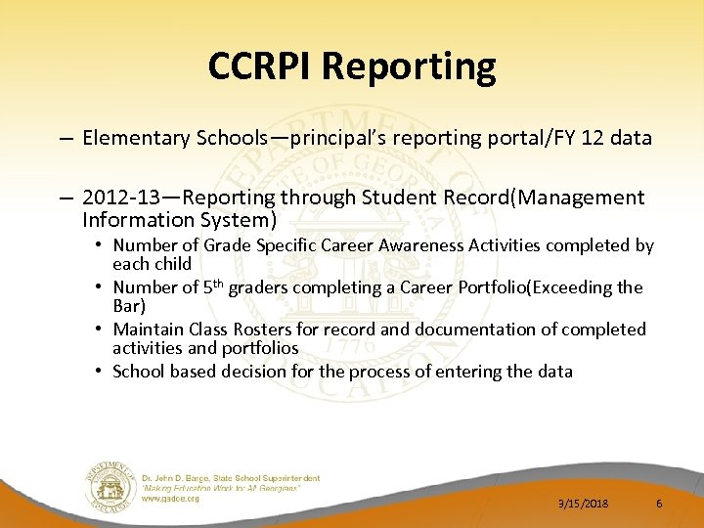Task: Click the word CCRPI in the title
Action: click(x=259, y=66)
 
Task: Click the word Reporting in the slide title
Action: click(x=408, y=66)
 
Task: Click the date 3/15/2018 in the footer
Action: click(x=583, y=504)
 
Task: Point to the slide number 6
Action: click(x=659, y=504)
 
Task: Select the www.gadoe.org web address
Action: click(x=171, y=499)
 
